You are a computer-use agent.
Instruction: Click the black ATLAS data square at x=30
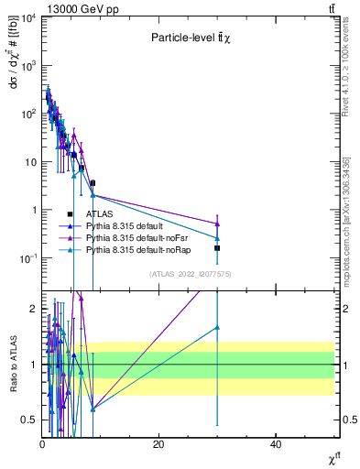pyautogui.click(x=217, y=248)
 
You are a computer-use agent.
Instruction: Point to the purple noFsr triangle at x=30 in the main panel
pyautogui.click(x=217, y=224)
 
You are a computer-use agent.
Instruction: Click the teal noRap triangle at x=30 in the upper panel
pyautogui.click(x=217, y=238)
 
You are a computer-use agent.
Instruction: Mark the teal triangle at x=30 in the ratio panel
pyautogui.click(x=217, y=327)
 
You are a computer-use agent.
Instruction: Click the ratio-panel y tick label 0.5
pyautogui.click(x=28, y=420)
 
